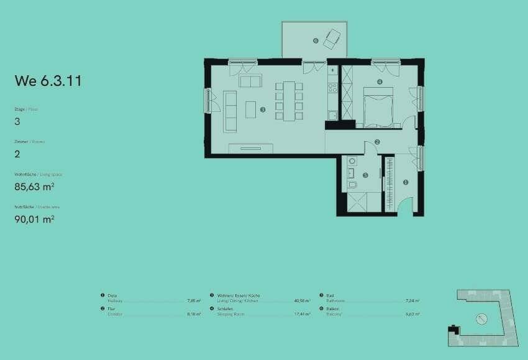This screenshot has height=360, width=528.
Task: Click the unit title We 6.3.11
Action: [48, 81]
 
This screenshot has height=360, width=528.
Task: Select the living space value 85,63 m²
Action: [34, 186]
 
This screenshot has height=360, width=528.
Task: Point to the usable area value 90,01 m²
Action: [34, 218]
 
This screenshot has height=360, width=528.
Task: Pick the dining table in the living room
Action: [289, 100]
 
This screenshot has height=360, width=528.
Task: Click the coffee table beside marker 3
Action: [250, 109]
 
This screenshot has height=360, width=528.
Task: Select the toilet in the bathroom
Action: [353, 185]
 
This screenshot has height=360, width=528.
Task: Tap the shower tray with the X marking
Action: [364, 203]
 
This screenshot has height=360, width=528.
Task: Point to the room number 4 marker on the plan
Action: [380, 81]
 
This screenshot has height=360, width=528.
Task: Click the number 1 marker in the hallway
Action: [406, 182]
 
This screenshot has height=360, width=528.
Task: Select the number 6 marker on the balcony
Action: [316, 41]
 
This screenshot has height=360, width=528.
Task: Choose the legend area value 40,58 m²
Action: [303, 301]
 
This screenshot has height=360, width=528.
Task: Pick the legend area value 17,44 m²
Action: [303, 315]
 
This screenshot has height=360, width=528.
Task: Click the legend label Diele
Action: [112, 295]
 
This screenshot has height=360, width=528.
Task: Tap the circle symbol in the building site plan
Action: [480, 320]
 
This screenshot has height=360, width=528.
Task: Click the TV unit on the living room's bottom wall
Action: [251, 148]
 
